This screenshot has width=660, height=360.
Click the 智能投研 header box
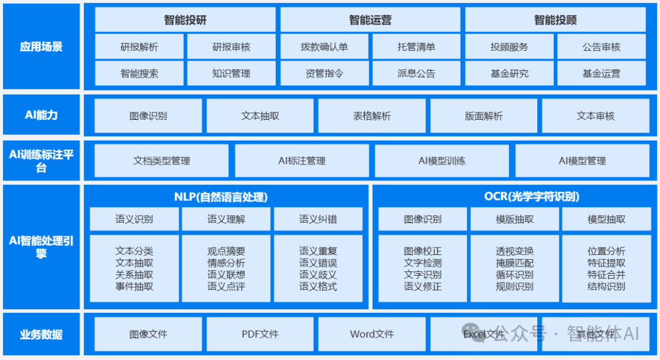[x=185, y=20]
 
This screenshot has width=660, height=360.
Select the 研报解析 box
[x=139, y=46]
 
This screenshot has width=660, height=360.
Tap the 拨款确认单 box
[x=324, y=46]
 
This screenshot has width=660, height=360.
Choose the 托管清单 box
[x=416, y=46]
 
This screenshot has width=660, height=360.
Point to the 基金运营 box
[x=601, y=73]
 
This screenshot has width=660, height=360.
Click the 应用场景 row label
[x=41, y=46]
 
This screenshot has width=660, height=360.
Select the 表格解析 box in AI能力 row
[x=372, y=116]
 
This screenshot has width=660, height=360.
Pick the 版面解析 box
[x=483, y=116]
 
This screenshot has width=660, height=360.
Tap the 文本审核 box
[x=595, y=116]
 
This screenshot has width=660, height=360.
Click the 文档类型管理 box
[x=161, y=161]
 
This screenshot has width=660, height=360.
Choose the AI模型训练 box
[x=442, y=161]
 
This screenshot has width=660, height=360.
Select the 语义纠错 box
[x=318, y=219]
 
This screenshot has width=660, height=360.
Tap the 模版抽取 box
[x=515, y=219]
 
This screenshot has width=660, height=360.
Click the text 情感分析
[x=226, y=263]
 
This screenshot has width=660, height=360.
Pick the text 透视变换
[x=515, y=251]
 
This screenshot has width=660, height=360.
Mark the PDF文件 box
[x=260, y=334]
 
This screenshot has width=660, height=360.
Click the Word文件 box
[x=372, y=334]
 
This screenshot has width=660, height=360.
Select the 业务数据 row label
[x=41, y=334]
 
